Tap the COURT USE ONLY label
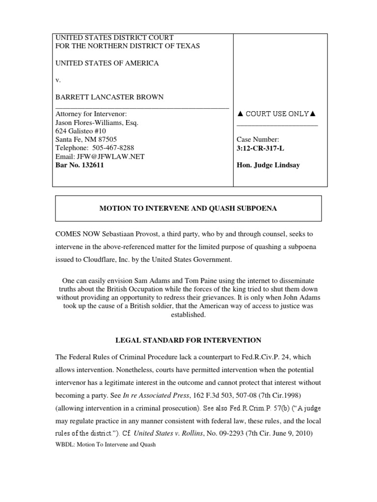click(x=276, y=114)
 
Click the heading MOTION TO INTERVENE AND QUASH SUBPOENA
click(x=188, y=208)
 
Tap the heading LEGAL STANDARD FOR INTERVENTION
click(x=188, y=340)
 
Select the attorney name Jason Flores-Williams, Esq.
click(x=97, y=123)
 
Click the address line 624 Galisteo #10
click(x=80, y=131)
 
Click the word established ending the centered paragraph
click(x=188, y=315)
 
